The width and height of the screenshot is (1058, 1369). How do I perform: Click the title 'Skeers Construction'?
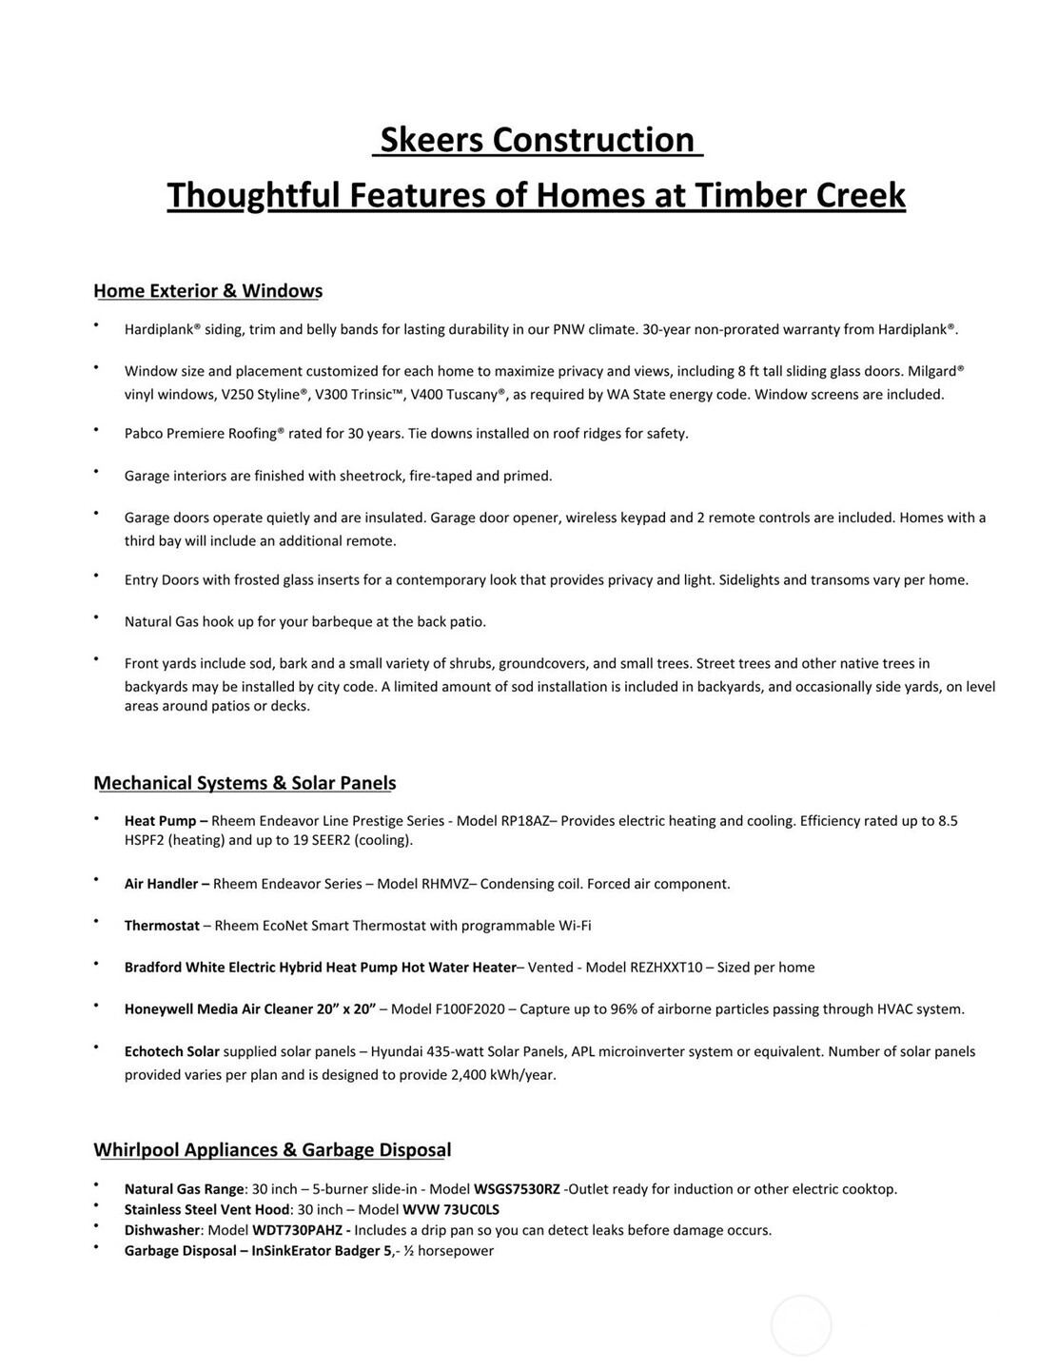tap(537, 140)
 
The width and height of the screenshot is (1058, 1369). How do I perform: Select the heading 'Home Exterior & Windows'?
tap(207, 291)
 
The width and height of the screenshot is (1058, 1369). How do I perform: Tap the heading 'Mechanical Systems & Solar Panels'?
tap(245, 783)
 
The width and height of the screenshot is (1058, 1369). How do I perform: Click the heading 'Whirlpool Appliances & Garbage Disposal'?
tap(272, 1150)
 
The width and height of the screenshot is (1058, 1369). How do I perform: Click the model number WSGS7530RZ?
tap(517, 1189)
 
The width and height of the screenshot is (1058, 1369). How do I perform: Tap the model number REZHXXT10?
tap(666, 968)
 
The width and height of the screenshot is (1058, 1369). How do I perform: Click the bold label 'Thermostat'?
tap(162, 926)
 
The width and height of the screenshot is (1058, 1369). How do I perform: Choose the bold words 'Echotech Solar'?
tap(172, 1052)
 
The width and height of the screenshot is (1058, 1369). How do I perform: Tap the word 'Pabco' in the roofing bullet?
tap(144, 434)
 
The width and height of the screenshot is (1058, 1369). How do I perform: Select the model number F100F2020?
tap(467, 1009)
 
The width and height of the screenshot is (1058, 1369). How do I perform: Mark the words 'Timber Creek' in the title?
tap(800, 195)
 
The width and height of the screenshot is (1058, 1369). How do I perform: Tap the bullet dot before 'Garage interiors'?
tap(96, 471)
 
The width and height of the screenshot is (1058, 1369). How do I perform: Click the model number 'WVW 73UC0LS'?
tap(451, 1210)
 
